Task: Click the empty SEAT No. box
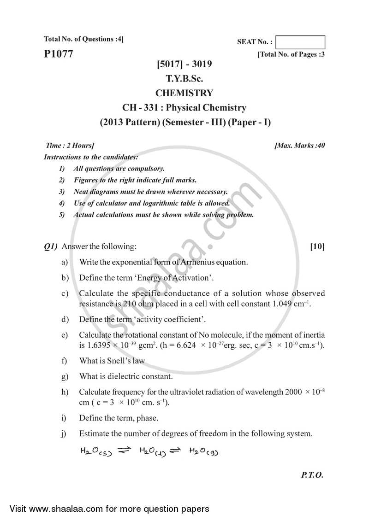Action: tap(300, 42)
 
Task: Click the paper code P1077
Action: tap(59, 54)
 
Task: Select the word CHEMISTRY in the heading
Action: tap(184, 93)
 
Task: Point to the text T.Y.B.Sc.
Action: tap(184, 79)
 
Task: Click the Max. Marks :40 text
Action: tap(300, 146)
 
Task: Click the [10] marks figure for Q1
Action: tap(317, 247)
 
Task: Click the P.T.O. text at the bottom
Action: tap(312, 475)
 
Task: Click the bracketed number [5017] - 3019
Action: tap(184, 64)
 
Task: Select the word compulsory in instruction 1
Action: tap(147, 169)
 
